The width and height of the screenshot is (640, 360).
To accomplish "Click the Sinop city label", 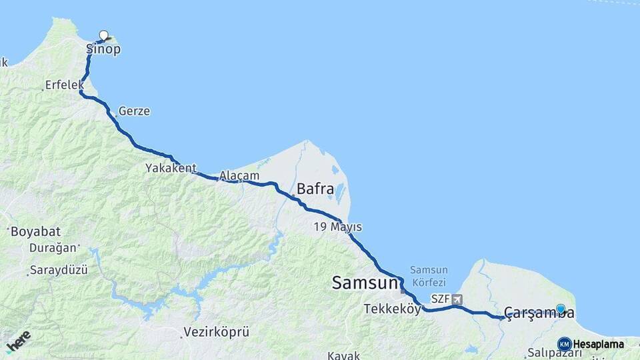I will pos(103,49).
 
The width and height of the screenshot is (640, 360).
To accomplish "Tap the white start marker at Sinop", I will pos(103,35).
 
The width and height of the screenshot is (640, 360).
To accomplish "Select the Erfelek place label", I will pos(64,85).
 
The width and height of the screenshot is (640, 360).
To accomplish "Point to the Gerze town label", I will pos(134,111).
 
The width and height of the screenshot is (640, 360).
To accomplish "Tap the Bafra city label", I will pos(315,189).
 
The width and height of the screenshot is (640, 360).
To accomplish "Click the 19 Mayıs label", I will pos(337,227).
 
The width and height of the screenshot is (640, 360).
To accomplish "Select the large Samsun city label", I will pos(365,283).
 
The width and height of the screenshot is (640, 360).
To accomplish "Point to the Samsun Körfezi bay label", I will pos(429,275).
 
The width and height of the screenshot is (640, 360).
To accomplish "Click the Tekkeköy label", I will pos(392,309).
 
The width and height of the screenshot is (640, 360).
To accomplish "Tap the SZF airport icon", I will pos(456,299).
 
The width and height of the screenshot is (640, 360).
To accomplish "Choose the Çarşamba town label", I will pos(539,313).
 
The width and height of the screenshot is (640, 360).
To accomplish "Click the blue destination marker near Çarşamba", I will pos(561,309).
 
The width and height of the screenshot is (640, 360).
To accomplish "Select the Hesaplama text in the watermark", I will pos(598,345).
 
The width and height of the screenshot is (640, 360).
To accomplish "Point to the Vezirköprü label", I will pos(216,331).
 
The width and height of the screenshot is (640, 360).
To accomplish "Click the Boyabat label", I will pos(35,232).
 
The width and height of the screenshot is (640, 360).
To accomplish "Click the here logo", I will pos(19,341).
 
